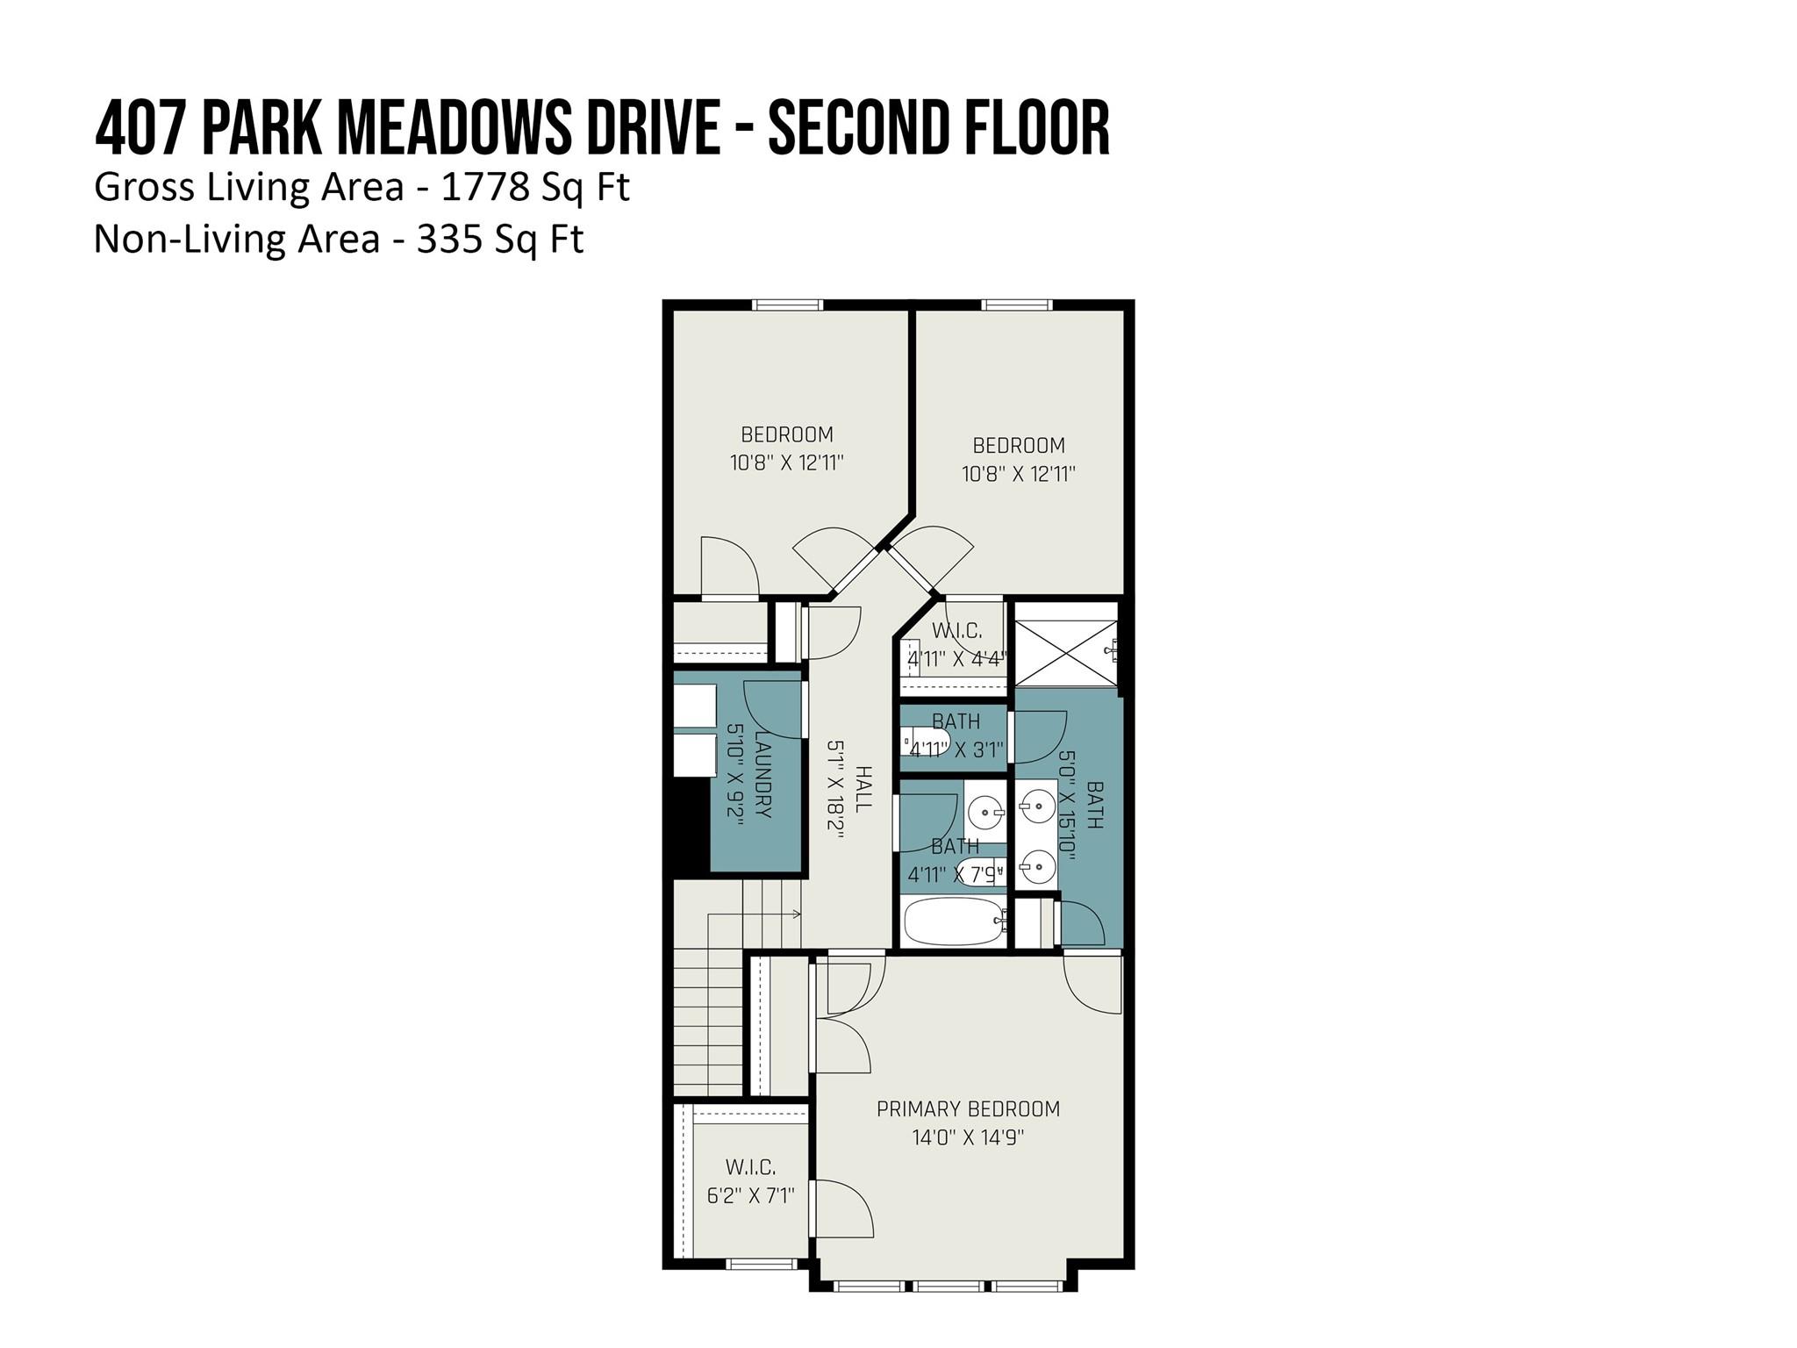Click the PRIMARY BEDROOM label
[x=969, y=1108]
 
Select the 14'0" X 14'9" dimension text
[x=969, y=1137]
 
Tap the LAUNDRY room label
[x=762, y=775]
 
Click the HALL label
[x=863, y=788]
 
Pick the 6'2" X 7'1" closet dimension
[x=751, y=1195]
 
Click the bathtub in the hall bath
[x=955, y=921]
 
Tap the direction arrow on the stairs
[x=755, y=914]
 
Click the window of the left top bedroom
[x=787, y=305]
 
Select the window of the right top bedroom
[x=1016, y=305]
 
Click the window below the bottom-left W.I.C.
[x=761, y=1264]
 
